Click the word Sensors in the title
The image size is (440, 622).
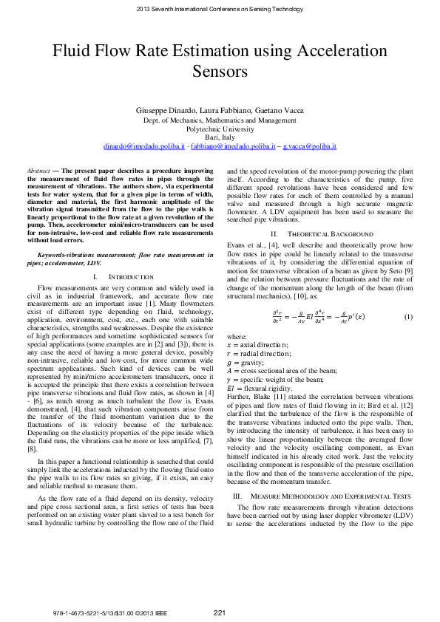coord(220,71)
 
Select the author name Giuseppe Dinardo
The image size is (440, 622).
coord(161,110)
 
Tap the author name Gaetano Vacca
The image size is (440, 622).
coord(277,110)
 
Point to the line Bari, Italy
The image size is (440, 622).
coord(220,137)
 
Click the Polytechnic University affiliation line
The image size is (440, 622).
coord(220,129)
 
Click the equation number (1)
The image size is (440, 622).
coord(407,316)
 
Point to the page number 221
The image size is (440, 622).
coord(220,612)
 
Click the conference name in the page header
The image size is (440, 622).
coord(220,9)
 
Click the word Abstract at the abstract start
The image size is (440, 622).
coord(38,171)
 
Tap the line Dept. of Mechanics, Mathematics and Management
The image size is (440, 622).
coord(220,120)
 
